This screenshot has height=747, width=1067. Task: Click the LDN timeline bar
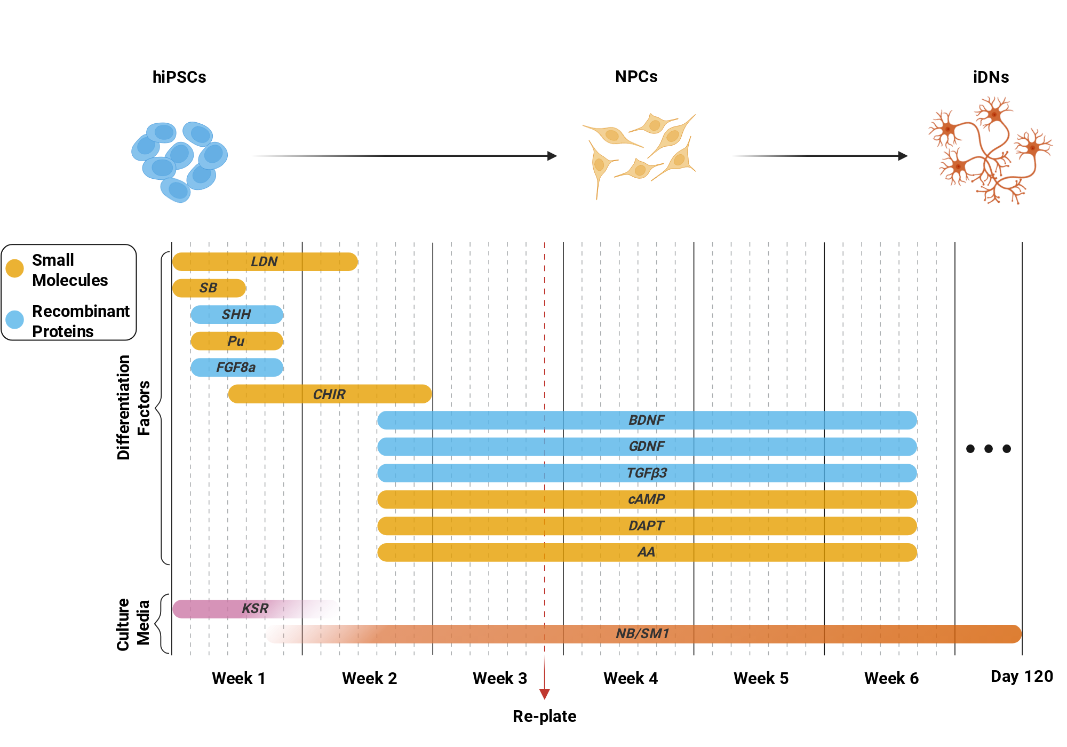click(x=265, y=261)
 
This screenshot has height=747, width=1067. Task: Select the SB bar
click(x=209, y=288)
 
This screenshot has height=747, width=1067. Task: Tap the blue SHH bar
click(x=237, y=314)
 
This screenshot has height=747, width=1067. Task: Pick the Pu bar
click(x=237, y=341)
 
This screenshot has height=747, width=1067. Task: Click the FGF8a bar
click(x=237, y=367)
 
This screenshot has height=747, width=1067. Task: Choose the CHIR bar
click(x=330, y=394)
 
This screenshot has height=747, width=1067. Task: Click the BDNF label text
click(x=646, y=420)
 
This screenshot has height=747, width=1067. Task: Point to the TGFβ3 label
click(x=647, y=473)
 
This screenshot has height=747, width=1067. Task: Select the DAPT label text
click(x=646, y=526)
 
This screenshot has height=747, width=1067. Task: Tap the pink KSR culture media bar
click(x=255, y=609)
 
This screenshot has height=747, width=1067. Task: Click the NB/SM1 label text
click(x=642, y=633)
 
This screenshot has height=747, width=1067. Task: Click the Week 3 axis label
click(x=500, y=678)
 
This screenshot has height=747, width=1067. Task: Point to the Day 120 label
click(x=1022, y=677)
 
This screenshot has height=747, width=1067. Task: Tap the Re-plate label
click(x=544, y=716)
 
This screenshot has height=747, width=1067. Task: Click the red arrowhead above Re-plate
click(x=544, y=694)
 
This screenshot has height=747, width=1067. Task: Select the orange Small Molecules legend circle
click(x=14, y=268)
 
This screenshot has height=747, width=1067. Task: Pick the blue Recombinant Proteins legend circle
click(x=14, y=320)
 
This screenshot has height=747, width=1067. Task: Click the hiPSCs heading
click(x=179, y=77)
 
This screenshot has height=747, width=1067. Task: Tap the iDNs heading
click(x=991, y=77)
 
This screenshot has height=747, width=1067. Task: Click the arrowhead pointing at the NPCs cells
click(x=552, y=156)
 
